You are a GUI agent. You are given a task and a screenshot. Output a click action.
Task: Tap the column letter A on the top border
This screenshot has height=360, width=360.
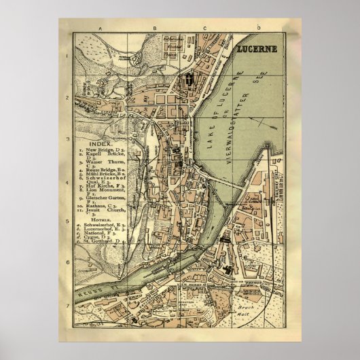[x=99, y=28]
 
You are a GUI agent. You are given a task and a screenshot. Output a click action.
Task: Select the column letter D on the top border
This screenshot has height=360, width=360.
[x=259, y=28]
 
